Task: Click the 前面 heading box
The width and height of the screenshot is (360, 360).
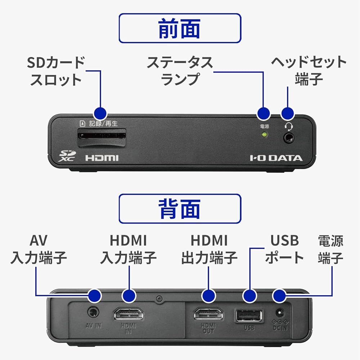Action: (180, 28)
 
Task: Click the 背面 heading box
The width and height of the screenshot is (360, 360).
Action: (180, 209)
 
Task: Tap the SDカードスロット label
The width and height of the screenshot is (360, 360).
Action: (56, 71)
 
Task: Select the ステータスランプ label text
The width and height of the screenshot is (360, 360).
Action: (180, 71)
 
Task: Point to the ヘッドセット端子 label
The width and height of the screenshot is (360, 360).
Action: (309, 71)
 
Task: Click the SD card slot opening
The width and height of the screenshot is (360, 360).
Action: (102, 137)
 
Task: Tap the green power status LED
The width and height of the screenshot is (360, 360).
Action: (265, 135)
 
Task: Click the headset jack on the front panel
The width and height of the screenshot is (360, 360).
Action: (288, 137)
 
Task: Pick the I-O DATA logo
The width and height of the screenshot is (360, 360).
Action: (276, 158)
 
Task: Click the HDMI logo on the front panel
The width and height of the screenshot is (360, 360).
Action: (102, 158)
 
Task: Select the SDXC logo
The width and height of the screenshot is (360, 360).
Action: (67, 156)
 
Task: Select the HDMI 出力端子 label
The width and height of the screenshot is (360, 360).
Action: (209, 249)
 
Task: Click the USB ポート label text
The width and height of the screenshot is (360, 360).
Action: (284, 249)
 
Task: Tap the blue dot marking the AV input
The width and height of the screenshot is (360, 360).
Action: (95, 296)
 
